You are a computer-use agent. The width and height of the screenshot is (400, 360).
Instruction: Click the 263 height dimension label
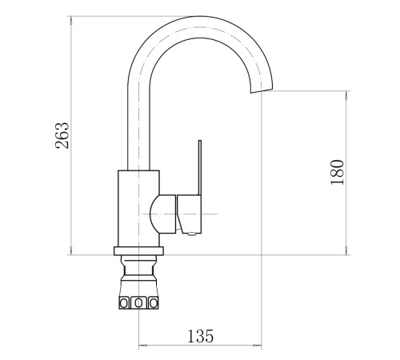pos(62,135)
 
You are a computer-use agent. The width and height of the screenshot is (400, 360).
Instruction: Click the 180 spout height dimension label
pos(337,172)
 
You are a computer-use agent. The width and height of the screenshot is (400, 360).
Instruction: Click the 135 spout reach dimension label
pos(201,336)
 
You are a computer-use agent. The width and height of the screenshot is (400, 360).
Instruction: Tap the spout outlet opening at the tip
pos(262,90)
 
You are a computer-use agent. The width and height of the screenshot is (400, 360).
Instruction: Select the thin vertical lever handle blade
pos(200,167)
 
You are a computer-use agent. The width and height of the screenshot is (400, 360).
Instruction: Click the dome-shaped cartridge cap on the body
pos(162,214)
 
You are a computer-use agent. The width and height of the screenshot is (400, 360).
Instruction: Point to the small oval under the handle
pos(192,234)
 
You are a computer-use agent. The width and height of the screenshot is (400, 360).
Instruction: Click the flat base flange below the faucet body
pos(138,251)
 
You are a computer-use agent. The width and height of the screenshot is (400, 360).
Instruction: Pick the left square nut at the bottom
pos(124,303)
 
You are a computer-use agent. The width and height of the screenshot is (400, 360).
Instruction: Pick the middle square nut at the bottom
pos(138,303)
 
